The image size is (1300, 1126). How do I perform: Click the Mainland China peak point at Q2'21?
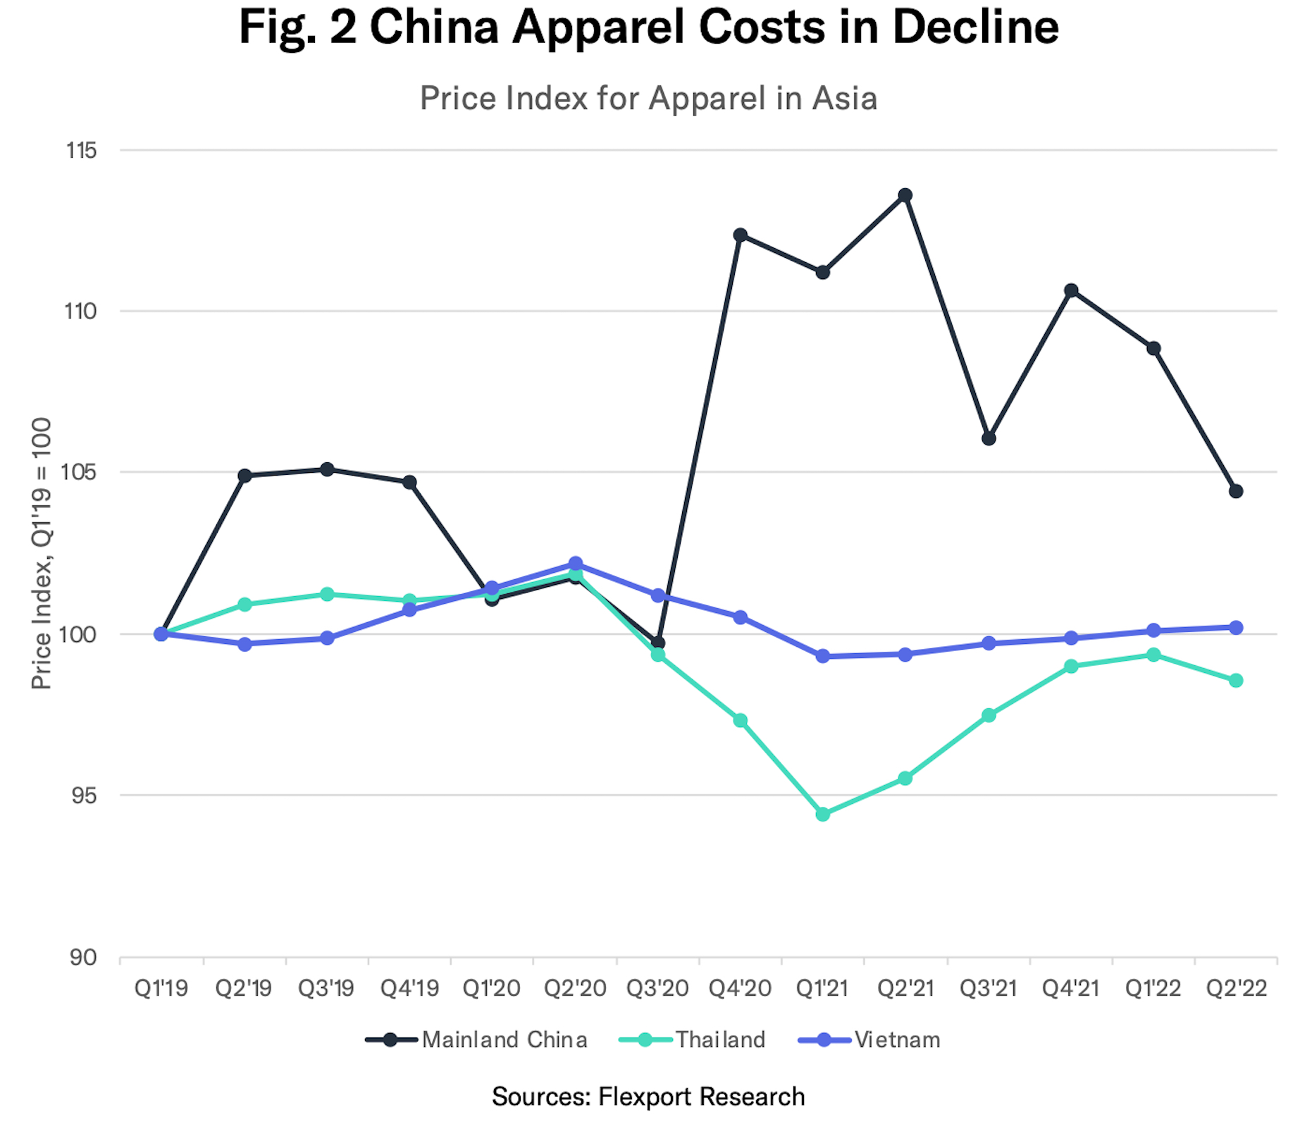905,195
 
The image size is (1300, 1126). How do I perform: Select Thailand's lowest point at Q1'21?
822,814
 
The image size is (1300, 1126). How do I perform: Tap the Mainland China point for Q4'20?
740,235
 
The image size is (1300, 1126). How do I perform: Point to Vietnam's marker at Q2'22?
1236,627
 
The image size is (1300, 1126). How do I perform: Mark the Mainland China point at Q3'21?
989,438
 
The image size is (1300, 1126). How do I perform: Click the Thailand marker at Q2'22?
1236,680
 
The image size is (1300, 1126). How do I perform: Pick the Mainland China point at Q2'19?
244,476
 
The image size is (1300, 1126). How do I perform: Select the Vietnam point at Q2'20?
576,564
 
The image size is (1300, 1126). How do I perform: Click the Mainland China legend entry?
476,1039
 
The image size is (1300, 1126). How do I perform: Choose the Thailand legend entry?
692,1039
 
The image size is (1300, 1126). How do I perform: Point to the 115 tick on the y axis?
80,150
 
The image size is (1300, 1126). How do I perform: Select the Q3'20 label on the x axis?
657,988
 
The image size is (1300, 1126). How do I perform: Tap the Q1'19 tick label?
161,988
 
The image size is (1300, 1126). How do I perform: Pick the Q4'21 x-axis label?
1071,988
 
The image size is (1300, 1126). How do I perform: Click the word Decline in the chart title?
976,27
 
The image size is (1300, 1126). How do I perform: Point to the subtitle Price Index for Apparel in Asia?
648,98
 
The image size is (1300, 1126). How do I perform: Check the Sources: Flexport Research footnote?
648,1096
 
